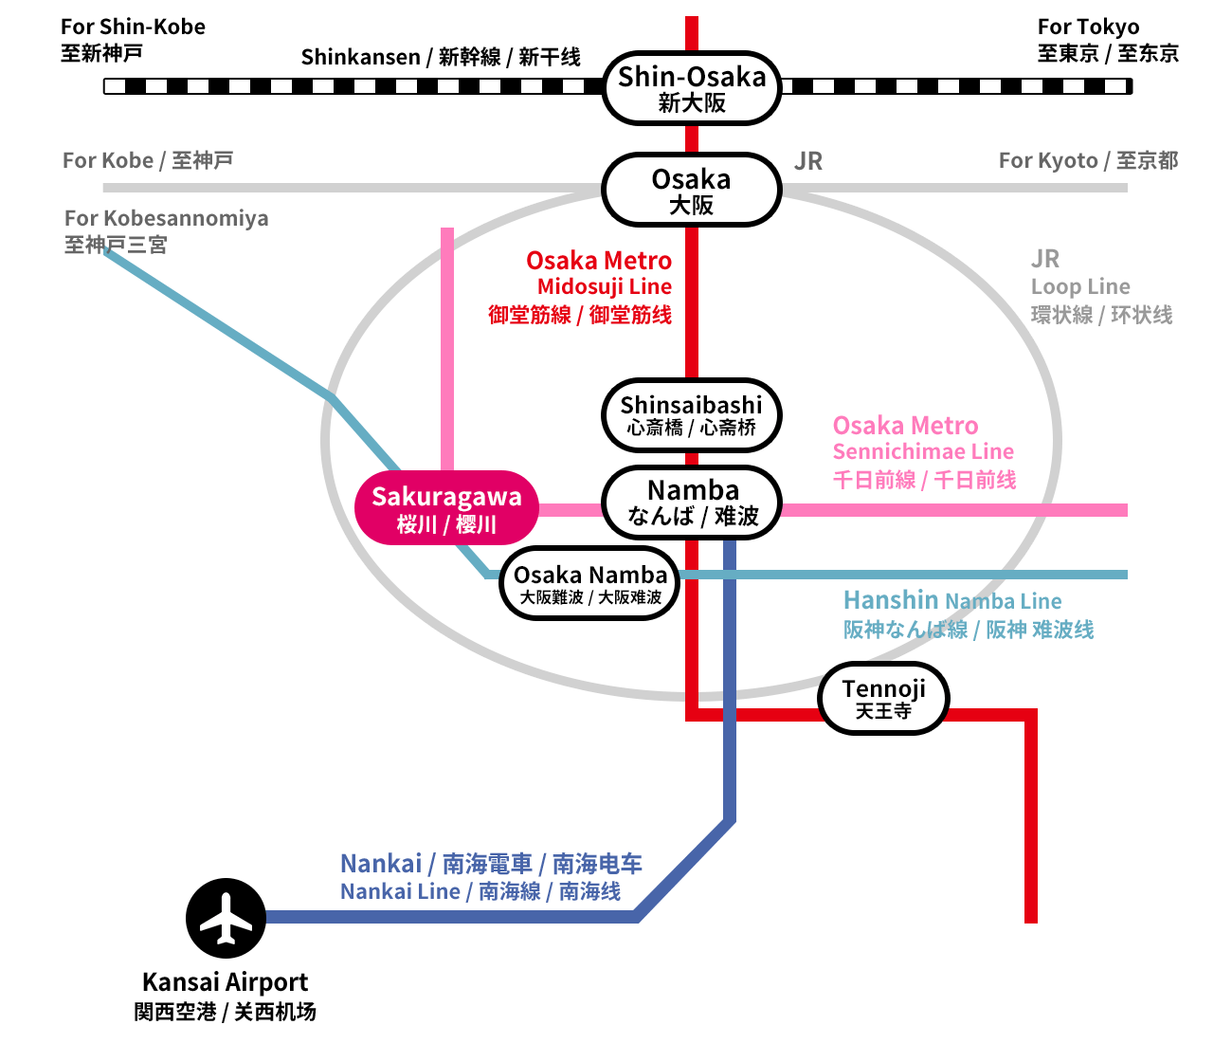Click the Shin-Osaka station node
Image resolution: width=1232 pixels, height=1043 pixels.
click(692, 88)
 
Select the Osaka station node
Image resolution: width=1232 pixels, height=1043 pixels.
click(692, 190)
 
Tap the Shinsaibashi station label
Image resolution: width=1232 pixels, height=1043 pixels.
click(692, 415)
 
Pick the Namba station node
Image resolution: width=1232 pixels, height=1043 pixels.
click(692, 503)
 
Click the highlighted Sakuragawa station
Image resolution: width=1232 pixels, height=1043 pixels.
click(446, 508)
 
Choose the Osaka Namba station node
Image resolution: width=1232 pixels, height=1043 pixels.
click(589, 584)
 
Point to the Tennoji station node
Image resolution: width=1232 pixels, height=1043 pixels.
click(883, 699)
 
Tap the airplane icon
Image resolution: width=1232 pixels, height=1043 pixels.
click(226, 918)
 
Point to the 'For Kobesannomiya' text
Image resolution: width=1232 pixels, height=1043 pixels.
click(166, 218)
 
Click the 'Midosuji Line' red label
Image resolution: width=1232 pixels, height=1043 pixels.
click(605, 286)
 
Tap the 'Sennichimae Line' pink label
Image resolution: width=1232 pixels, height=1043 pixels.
click(923, 451)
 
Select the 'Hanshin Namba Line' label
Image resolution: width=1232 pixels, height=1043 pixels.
click(951, 600)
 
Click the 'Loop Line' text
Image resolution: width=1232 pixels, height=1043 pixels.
click(1080, 286)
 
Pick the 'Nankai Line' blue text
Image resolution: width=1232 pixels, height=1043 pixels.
click(400, 891)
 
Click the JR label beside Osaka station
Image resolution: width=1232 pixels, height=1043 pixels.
click(808, 161)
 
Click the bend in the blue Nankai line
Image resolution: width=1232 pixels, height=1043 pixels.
click(730, 821)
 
